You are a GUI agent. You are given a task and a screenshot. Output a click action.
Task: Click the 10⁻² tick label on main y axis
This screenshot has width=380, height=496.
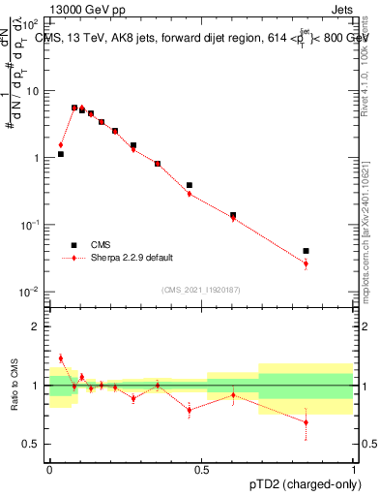point(32,292)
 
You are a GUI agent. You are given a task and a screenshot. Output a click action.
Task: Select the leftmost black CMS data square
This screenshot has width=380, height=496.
point(60,154)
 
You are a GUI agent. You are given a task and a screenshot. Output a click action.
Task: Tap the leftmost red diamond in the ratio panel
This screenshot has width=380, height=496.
point(60,358)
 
